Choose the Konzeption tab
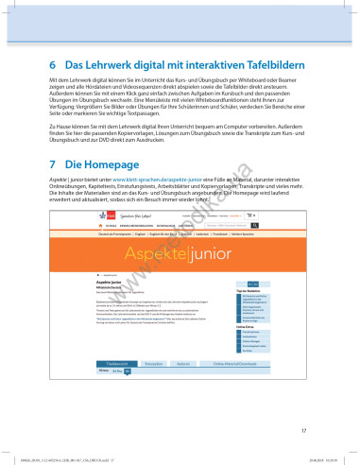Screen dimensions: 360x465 click(154, 388)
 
